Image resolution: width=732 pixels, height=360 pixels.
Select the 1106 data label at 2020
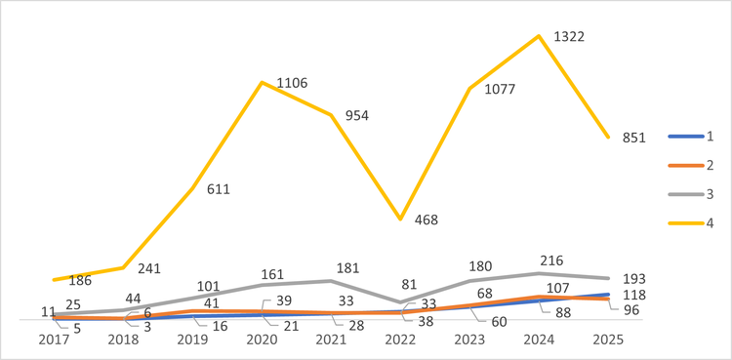coord(292,83)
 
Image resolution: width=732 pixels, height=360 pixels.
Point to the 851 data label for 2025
coord(634,138)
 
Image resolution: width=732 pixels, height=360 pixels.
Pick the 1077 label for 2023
coord(500,90)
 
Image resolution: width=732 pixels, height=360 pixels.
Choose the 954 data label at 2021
coord(357,115)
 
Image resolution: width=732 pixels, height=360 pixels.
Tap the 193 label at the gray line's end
coord(634,279)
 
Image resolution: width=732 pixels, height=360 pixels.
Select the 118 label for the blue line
coord(634,295)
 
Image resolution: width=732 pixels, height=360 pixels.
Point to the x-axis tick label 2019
coord(192,340)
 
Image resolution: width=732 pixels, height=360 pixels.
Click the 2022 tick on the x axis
coord(400,340)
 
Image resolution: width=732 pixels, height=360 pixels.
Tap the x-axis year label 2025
coord(608,340)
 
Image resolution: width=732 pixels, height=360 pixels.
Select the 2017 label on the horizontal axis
coord(54,340)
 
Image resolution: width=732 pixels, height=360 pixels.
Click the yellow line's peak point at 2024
coord(539,36)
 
